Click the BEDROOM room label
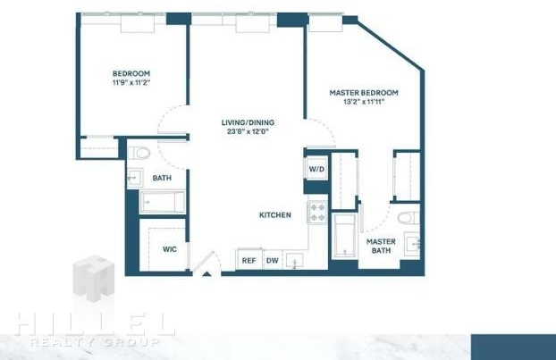[x=131, y=74]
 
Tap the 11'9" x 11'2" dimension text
[x=131, y=83]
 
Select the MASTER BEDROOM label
[x=364, y=93]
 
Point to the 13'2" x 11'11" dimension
[x=364, y=102]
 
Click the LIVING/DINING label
[x=248, y=122]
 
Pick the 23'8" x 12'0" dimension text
[x=248, y=132]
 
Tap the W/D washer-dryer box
[x=316, y=169]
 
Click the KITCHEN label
[x=275, y=215]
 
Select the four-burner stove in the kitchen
[x=317, y=212]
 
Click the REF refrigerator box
[x=249, y=259]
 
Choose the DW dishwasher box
[x=273, y=261]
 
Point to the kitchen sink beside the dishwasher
[x=294, y=261]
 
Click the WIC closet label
[x=170, y=249]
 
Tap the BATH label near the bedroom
[x=162, y=178]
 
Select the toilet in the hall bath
[x=139, y=153]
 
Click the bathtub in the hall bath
[x=163, y=202]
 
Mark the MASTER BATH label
[x=381, y=246]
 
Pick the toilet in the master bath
[x=409, y=218]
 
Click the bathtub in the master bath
[x=345, y=236]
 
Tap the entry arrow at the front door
[x=206, y=273]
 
